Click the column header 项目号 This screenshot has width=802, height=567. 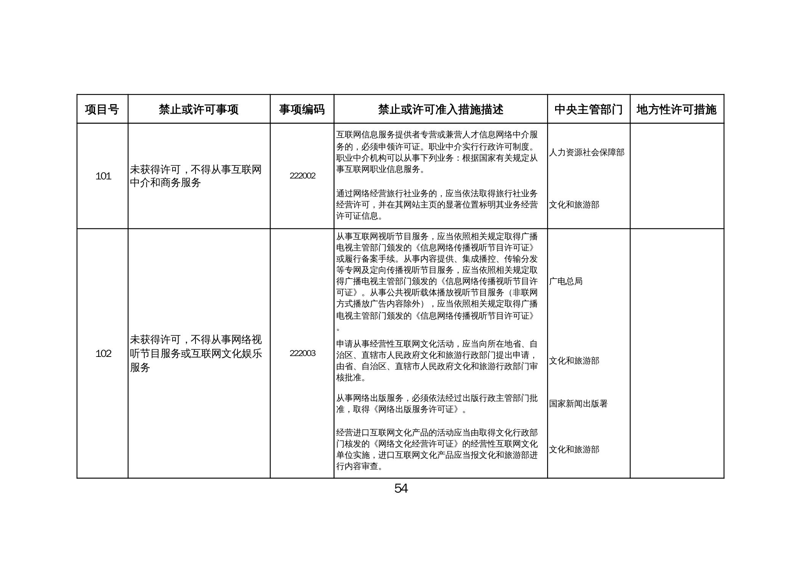(102, 109)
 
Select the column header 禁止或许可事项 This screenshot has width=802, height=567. (198, 109)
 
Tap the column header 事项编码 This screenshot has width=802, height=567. (302, 109)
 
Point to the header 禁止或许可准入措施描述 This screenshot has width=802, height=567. (440, 109)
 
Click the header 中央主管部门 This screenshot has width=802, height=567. (588, 109)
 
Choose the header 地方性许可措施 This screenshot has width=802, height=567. (676, 109)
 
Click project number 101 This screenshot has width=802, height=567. (103, 176)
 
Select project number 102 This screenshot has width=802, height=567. (103, 353)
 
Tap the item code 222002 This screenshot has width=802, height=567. (302, 176)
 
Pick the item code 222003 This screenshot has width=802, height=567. (302, 353)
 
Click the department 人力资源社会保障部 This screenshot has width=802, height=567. (587, 153)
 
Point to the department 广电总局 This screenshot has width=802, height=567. (566, 281)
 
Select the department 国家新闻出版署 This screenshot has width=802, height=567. (578, 404)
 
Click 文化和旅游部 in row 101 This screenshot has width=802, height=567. (574, 205)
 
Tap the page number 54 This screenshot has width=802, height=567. (401, 488)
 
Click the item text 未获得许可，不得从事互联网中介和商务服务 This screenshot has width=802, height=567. (195, 176)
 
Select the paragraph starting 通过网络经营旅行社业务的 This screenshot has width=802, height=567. (437, 205)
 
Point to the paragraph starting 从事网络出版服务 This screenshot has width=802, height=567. (437, 404)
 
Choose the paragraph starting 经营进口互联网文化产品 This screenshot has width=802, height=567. (437, 450)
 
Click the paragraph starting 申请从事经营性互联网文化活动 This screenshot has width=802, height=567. (437, 361)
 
